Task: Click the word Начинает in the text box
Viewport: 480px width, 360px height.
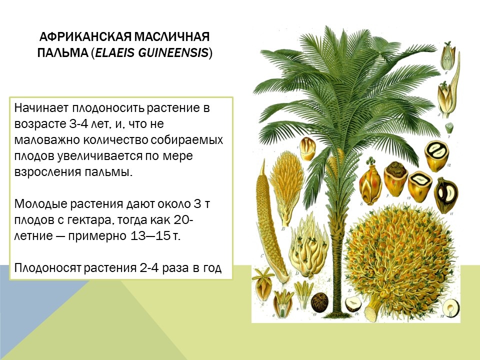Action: pos(41,108)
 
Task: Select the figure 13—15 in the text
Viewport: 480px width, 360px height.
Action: pos(149,236)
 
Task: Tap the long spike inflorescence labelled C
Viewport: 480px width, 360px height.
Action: pos(268,220)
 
